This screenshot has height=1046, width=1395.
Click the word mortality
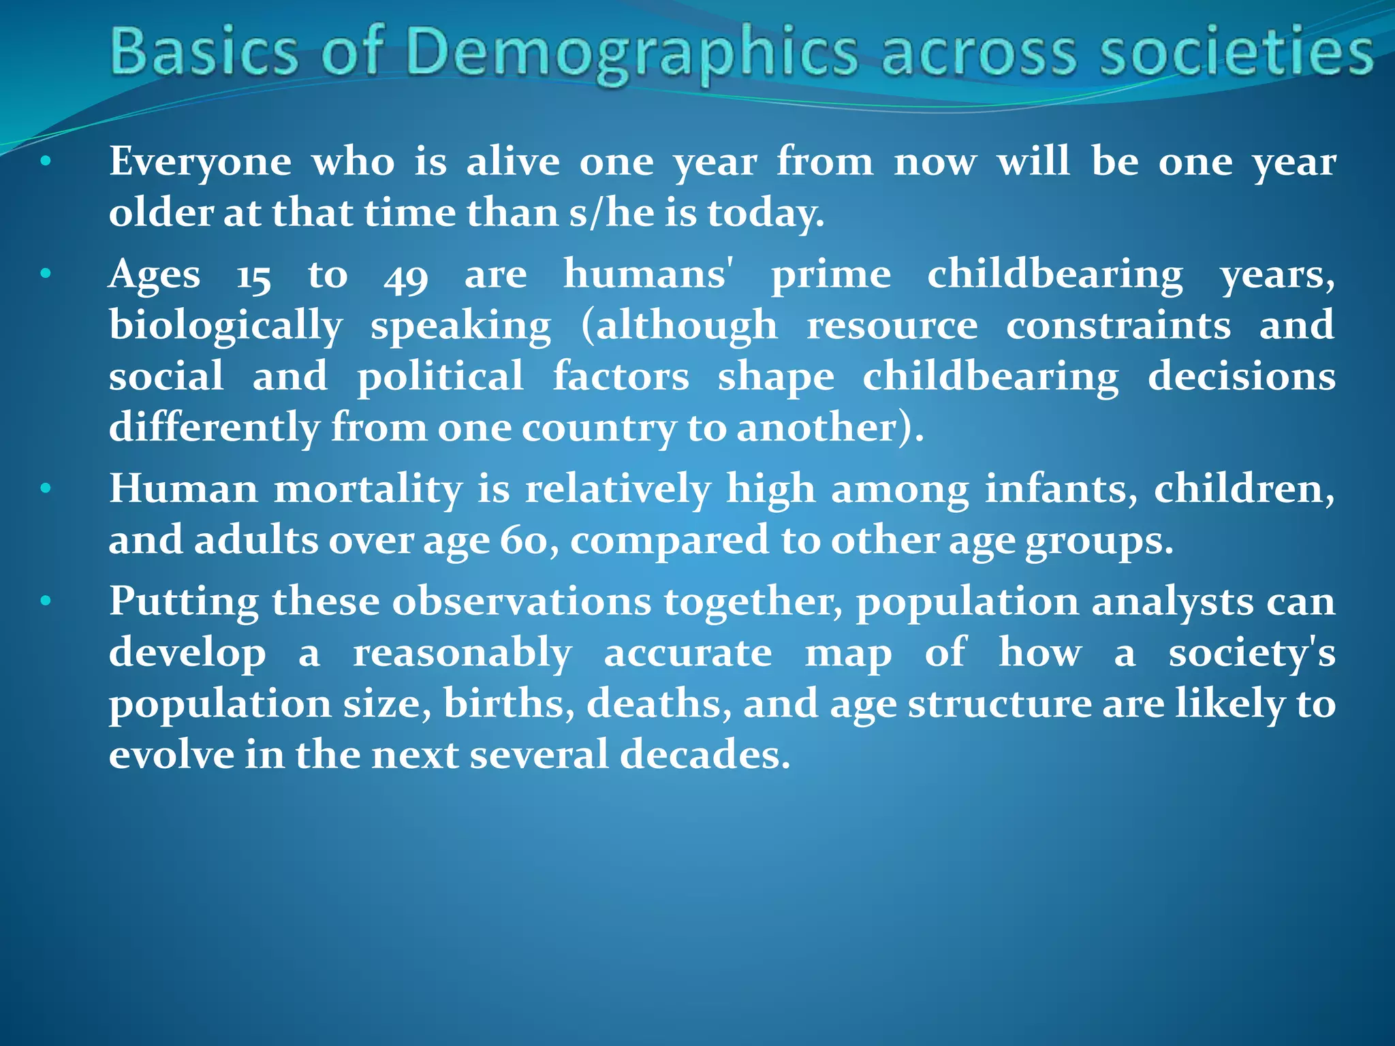tap(368, 490)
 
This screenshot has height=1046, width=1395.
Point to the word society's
tap(1252, 654)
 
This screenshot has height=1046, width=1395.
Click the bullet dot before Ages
tap(46, 275)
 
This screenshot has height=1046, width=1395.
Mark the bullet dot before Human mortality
tap(46, 489)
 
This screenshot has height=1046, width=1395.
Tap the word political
tap(440, 377)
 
